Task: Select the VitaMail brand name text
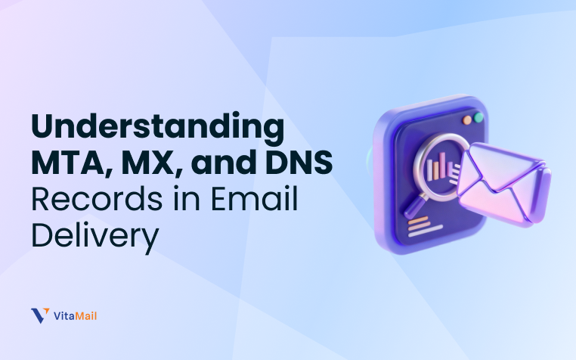point(76,315)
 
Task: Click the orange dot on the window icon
point(468,120)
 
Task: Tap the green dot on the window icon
point(478,118)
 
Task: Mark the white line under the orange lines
point(418,234)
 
